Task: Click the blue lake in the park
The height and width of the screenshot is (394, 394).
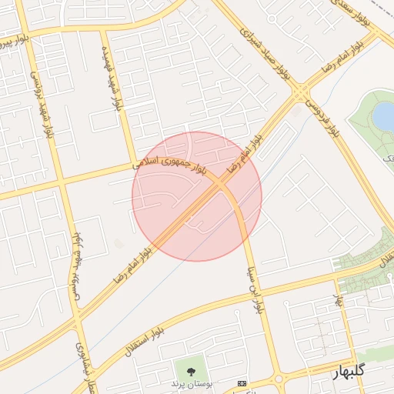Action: [x=383, y=115]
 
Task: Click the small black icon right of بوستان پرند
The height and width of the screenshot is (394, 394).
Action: [x=243, y=383]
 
